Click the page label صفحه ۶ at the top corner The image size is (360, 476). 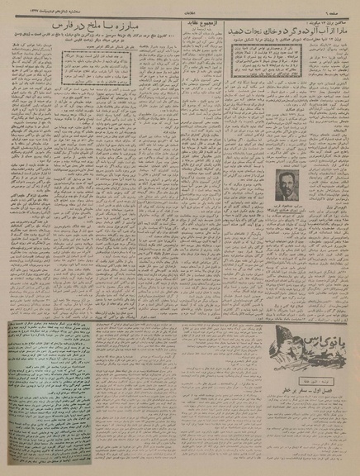coord(344,7)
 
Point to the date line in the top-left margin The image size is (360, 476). coord(33,7)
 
